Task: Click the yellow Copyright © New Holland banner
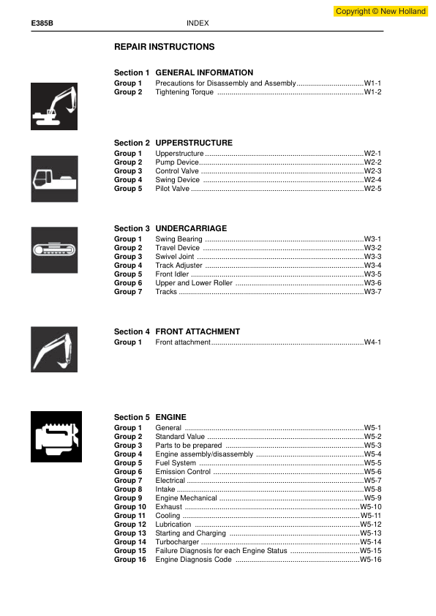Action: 380,11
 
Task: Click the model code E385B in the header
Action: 42,23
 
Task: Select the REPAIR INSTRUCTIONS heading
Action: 164,47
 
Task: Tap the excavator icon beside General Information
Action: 54,107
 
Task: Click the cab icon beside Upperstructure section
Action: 54,178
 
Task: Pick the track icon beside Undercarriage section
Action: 54,249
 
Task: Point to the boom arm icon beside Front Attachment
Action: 54,349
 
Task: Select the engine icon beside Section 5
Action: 54,437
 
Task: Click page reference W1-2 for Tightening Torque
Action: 372,92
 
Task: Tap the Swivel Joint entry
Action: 176,257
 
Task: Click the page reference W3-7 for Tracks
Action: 372,292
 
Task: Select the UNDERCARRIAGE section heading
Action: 191,228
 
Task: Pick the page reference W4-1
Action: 372,342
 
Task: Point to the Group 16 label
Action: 130,560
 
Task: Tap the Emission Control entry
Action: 183,472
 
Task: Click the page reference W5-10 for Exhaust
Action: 371,507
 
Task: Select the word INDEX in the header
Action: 198,23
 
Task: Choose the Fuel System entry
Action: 176,463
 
